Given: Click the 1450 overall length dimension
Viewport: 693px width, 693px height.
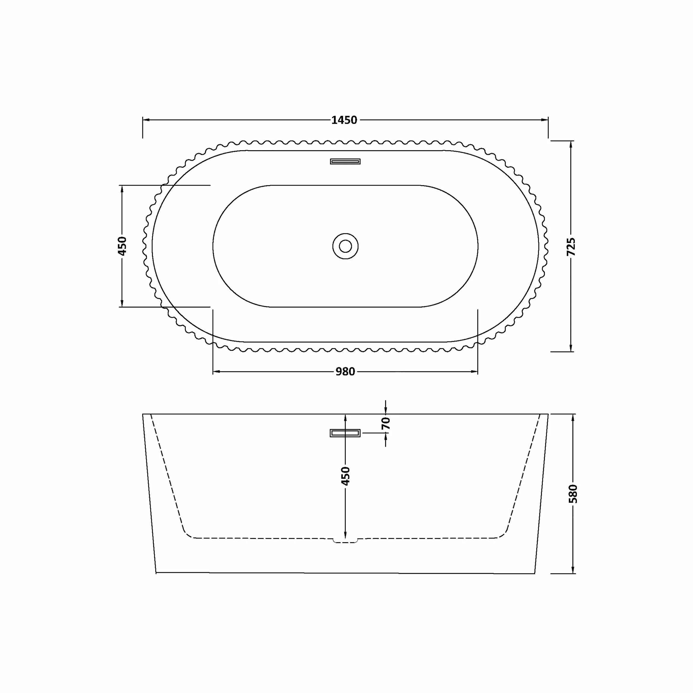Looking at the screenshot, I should [344, 120].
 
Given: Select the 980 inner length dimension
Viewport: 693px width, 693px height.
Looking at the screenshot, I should [345, 372].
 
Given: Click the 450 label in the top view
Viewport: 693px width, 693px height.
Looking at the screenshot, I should [122, 246].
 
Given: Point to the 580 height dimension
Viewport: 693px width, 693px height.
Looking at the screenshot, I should [573, 494].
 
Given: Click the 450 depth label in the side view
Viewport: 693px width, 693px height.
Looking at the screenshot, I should [345, 476].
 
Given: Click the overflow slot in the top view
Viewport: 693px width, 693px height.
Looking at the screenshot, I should [345, 161].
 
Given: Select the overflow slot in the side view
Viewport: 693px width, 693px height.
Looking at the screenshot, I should [345, 433].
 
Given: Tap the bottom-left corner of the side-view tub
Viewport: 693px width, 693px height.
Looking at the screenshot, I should [156, 573].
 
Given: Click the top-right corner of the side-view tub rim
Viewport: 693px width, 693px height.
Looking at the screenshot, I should [548, 414].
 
